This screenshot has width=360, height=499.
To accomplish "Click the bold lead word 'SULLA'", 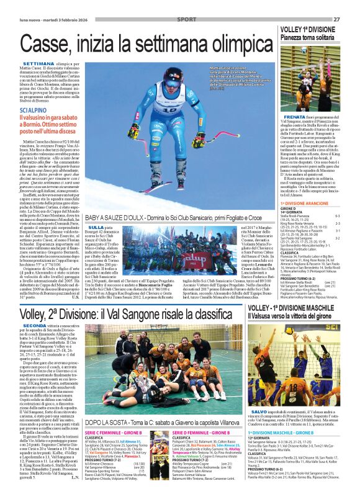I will tap(96, 228).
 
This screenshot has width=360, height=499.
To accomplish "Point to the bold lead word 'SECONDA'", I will tap(34, 325).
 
